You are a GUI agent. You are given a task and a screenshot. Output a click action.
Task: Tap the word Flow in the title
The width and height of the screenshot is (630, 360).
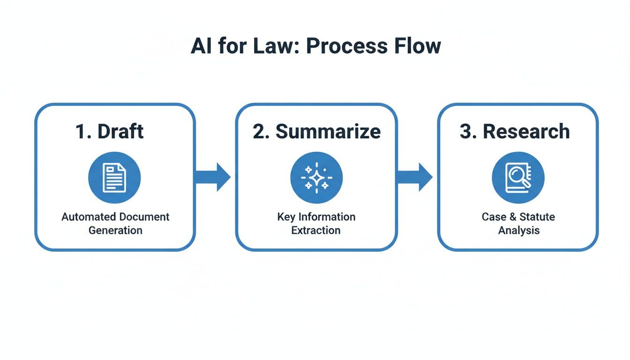[x=414, y=46]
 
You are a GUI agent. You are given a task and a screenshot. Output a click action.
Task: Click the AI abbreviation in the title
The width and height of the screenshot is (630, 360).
[x=200, y=46]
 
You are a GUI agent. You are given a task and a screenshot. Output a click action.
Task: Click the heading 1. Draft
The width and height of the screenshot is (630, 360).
[x=109, y=132]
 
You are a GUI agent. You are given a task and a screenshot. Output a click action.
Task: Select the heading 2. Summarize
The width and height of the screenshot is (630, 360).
[x=316, y=132]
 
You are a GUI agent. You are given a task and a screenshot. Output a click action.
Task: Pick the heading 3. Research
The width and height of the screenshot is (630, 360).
[x=514, y=132]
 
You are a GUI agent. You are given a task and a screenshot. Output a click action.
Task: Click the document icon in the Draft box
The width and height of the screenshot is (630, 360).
[x=114, y=178]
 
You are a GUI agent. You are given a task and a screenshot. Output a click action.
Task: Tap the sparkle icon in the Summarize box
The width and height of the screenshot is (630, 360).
[x=316, y=178]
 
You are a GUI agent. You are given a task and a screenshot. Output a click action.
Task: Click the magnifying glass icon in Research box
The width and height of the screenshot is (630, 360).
[x=518, y=178]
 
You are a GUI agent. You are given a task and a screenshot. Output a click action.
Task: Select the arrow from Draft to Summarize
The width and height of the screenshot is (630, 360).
[x=213, y=177]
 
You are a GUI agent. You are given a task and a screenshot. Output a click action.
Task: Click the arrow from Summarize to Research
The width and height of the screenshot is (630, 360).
[x=415, y=177]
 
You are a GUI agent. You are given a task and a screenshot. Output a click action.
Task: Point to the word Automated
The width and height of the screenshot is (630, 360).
[x=89, y=217]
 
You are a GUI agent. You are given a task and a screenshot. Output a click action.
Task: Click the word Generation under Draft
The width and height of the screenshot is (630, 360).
[x=115, y=230]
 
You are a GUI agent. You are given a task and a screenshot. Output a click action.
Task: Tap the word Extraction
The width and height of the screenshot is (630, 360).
[x=316, y=230]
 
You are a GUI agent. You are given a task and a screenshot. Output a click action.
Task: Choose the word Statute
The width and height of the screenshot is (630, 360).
[x=537, y=217]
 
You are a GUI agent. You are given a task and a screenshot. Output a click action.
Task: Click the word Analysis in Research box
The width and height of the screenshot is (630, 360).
[x=518, y=230]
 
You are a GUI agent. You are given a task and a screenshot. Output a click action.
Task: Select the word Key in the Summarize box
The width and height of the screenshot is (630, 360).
[x=285, y=217]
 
